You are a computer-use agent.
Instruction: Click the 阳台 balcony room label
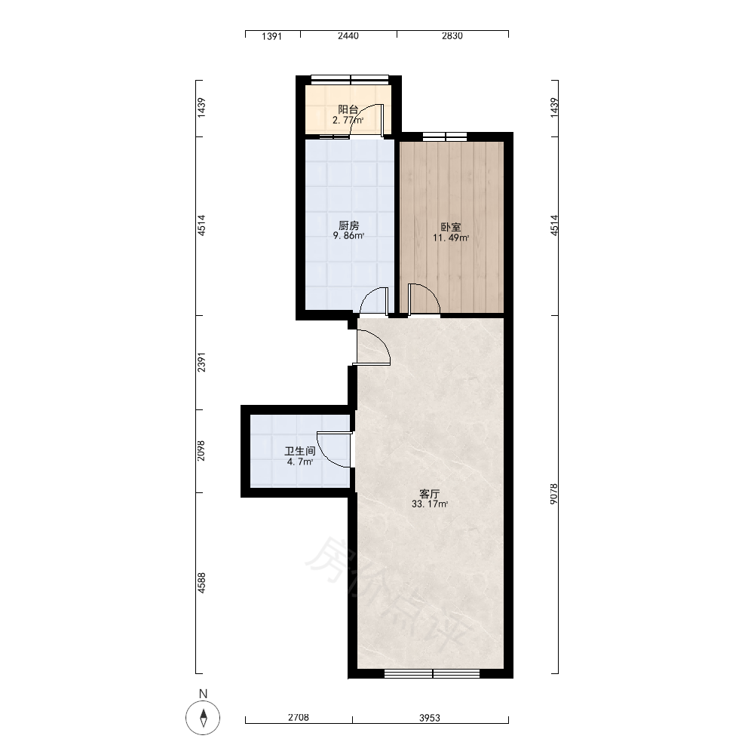coord(348,109)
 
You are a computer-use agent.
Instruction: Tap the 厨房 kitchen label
coord(348,225)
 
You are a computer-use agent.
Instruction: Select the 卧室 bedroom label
coord(451,227)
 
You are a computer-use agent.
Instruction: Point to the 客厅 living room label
coord(430,494)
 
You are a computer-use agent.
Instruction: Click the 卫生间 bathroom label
coord(299,451)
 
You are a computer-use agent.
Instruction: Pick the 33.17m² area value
coord(430,504)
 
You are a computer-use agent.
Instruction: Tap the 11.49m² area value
coord(451,238)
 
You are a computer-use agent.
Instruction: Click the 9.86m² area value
coord(348,236)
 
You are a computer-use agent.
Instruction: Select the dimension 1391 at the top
coord(271,36)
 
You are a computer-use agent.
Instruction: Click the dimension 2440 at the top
coord(348,36)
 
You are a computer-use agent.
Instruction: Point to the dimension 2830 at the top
coord(452,36)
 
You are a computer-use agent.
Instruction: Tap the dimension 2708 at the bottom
coord(298,718)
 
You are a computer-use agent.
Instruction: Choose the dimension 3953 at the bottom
coord(430,718)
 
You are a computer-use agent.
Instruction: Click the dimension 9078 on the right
coord(554,494)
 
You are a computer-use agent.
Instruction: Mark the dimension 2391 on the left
coord(201,362)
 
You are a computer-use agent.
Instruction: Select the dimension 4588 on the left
coord(201,582)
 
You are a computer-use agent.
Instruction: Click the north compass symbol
coord(203,718)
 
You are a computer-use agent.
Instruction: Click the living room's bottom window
coord(432,673)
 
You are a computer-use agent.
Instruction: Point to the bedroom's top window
coord(445,136)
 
